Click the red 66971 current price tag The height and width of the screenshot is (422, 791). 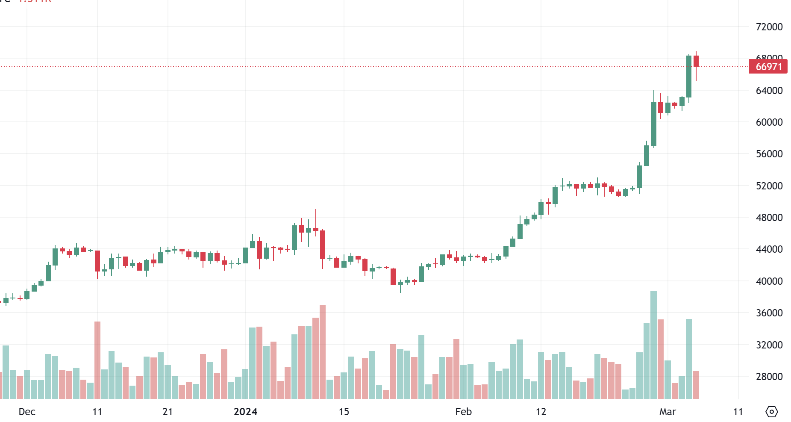(x=768, y=67)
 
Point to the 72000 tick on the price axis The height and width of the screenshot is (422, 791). (x=769, y=27)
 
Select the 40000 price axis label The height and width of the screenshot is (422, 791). (x=769, y=281)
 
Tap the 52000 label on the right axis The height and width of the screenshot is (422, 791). (x=769, y=186)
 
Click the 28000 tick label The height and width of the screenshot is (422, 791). (x=769, y=377)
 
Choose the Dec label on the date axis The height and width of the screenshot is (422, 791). (x=27, y=412)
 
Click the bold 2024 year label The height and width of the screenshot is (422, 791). (x=245, y=412)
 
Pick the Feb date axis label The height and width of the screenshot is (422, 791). (x=463, y=412)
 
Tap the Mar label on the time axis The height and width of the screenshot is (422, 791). (x=667, y=412)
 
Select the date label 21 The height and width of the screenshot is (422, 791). (x=168, y=412)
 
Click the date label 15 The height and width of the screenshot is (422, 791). (x=344, y=412)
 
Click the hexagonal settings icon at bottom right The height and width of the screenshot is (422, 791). (x=771, y=412)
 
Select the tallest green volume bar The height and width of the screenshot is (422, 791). (x=653, y=344)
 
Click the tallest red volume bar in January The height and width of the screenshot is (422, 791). (x=323, y=351)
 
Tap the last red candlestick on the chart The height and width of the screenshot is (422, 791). (x=696, y=61)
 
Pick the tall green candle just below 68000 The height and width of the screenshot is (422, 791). (x=689, y=77)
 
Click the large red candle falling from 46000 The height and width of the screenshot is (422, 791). (x=323, y=245)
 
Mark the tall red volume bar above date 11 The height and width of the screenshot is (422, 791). (x=97, y=360)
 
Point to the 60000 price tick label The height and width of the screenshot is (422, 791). (x=769, y=122)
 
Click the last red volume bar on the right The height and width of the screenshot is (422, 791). (x=696, y=385)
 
